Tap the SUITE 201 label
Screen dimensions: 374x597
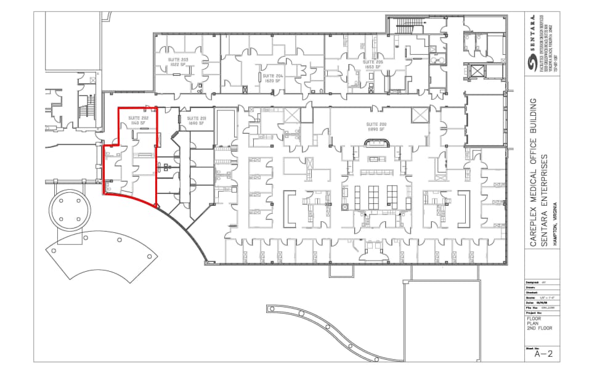click(x=197, y=118)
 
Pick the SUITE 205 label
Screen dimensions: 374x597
click(x=373, y=62)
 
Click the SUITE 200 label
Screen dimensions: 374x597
click(x=376, y=124)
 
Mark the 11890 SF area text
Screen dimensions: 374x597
click(x=376, y=130)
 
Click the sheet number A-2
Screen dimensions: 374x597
click(x=543, y=354)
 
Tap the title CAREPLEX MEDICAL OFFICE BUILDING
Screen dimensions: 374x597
click(x=534, y=173)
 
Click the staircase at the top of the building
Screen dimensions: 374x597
click(x=406, y=26)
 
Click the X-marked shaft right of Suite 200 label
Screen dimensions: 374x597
click(x=420, y=115)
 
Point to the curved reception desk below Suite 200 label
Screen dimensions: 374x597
click(x=376, y=143)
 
